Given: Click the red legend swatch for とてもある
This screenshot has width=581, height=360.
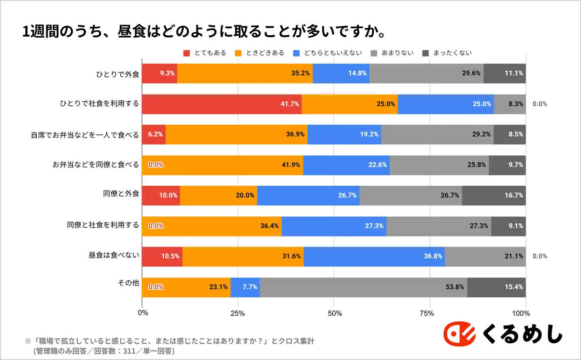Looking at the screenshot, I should point(187,53).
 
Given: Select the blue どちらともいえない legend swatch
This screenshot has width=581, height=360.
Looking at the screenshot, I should point(297,53).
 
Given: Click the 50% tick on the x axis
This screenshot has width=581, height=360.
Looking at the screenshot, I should point(334,313).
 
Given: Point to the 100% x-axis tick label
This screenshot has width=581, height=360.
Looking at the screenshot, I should point(521,313).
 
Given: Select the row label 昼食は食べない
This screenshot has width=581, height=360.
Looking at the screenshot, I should point(114,256).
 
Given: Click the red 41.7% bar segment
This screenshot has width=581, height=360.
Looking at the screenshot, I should point(222,104).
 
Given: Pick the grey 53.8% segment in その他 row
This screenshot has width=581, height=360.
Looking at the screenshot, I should point(363,287).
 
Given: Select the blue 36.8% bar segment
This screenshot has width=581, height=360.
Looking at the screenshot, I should point(374,256).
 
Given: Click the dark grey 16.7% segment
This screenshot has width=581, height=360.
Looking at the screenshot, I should point(493,195).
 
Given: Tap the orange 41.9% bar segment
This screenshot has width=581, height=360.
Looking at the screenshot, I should point(222,165).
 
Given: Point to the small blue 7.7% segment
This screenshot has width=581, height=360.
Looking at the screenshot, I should point(245,287).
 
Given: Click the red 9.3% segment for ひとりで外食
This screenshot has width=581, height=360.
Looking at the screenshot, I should point(159,73).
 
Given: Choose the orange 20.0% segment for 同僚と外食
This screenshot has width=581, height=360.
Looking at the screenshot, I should point(218,195).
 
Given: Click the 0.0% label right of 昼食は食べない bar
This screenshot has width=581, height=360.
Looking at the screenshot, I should point(540,256).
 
